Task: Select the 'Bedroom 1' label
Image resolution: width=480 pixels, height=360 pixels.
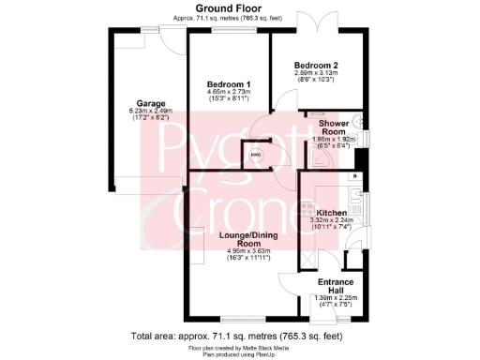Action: point(228,84)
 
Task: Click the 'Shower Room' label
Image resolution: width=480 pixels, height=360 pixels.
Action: point(334,128)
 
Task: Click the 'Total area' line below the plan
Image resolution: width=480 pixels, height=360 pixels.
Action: point(239,335)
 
